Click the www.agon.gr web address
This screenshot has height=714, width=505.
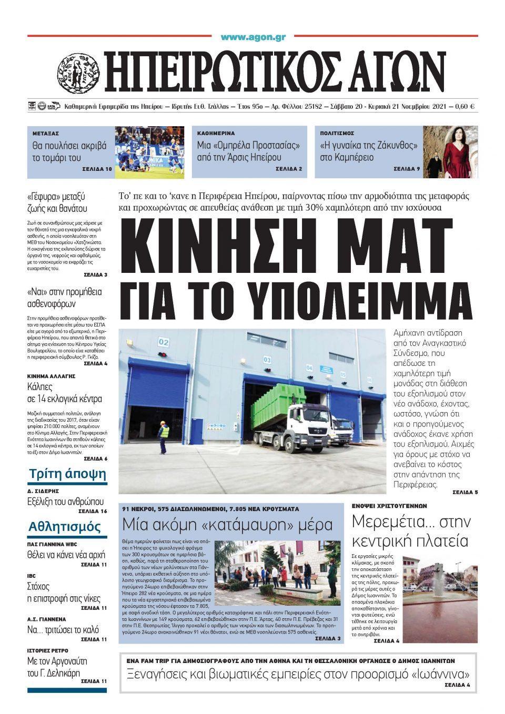tap(253, 37)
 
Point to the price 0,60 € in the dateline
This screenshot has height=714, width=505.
tap(466, 107)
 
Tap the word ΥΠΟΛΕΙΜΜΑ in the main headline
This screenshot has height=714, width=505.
tap(363, 299)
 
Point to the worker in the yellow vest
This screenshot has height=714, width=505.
tap(165, 434)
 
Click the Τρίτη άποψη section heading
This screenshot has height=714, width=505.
tap(67, 474)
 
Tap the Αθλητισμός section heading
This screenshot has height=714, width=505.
tap(65, 527)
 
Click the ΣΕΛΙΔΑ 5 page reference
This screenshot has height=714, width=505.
tap(465, 493)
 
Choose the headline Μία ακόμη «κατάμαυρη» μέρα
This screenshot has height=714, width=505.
tap(227, 525)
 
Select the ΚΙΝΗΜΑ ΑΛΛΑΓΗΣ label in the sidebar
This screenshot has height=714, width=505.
tap(52, 376)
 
